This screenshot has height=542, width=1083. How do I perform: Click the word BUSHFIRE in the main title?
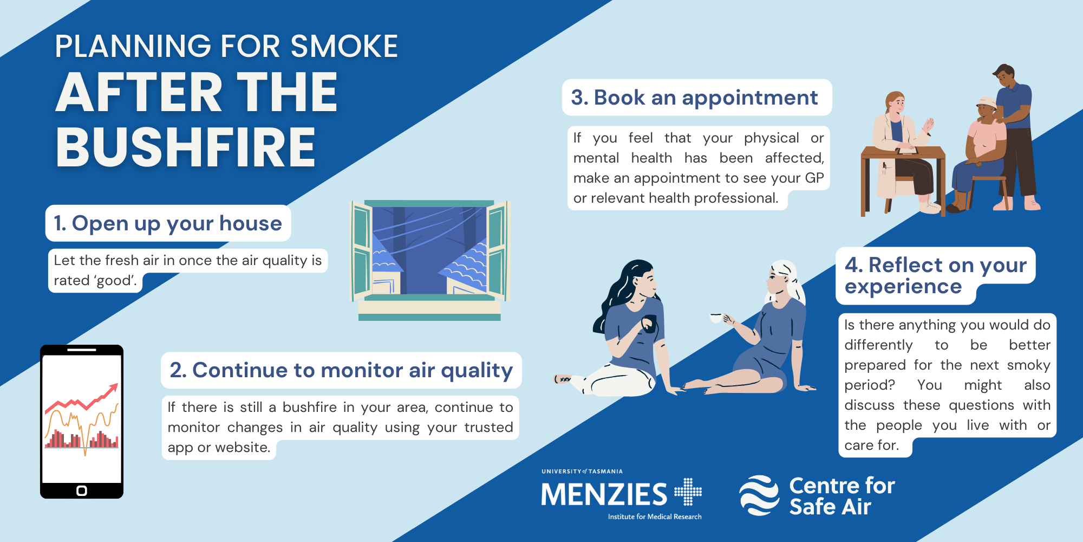(186, 147)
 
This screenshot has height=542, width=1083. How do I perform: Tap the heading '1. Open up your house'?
(168, 223)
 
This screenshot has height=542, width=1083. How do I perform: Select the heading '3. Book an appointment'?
(694, 98)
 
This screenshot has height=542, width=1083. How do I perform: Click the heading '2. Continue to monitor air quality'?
(341, 370)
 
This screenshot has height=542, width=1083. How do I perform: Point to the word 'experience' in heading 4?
(903, 287)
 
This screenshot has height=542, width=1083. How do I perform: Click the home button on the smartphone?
(82, 491)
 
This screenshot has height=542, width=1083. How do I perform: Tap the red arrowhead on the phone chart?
(113, 389)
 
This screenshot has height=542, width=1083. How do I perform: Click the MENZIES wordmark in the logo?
(604, 494)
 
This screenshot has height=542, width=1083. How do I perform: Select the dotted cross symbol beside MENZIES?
(688, 492)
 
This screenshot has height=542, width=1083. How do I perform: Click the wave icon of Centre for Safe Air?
(759, 495)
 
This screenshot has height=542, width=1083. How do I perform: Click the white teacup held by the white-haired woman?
(716, 318)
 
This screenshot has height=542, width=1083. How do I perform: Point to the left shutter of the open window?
(361, 251)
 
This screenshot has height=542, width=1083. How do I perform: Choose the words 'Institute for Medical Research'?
(655, 517)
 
